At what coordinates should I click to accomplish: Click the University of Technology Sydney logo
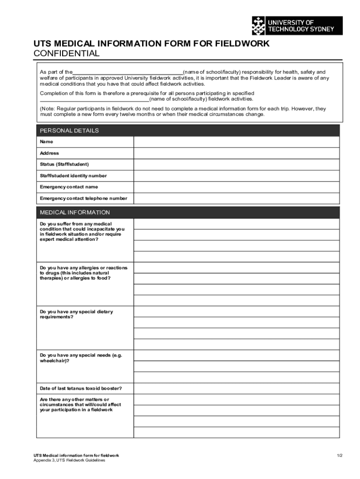pos(297,26)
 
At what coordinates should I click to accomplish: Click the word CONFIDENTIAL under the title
pos(66,53)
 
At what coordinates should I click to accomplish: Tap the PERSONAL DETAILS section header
pos(69,131)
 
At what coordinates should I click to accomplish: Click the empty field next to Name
pos(236,142)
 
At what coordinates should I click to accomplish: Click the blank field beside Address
pos(236,153)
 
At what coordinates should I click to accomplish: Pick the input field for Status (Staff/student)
pos(236,165)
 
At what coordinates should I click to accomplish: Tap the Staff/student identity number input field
pos(236,176)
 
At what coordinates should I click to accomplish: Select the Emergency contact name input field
pos(236,187)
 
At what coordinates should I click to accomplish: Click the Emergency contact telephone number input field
pos(236,198)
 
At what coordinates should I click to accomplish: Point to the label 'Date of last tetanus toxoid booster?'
pos(81,388)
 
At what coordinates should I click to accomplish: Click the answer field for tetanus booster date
pos(236,389)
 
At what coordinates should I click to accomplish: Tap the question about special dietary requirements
pos(76,314)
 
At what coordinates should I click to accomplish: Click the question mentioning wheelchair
pos(80,358)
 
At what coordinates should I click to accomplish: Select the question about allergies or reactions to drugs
pos(83,273)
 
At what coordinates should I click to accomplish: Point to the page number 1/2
pos(339,455)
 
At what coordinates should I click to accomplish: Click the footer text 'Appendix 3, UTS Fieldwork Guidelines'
pos(69,460)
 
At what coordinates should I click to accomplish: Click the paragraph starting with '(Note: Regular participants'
pos(182,111)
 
